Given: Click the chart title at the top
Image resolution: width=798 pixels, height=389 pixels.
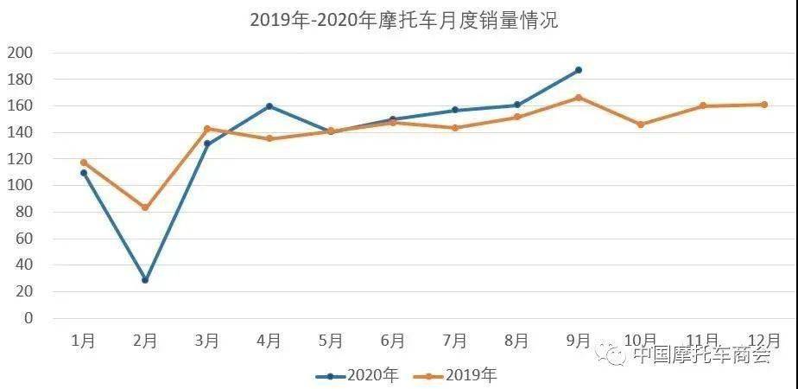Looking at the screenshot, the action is click(404, 21).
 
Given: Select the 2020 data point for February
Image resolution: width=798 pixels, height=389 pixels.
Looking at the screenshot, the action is click(145, 280).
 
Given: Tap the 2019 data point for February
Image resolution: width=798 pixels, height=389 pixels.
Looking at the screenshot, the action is click(145, 207).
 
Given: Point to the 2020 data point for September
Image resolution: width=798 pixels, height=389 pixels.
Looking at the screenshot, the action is click(579, 70).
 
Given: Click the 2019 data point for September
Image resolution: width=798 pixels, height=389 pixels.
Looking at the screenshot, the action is click(579, 97).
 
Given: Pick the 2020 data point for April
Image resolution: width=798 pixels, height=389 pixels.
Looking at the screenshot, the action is click(269, 106).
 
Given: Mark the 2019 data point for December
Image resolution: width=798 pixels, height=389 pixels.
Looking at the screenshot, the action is click(764, 105).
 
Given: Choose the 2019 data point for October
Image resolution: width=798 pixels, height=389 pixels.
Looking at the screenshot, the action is click(641, 124).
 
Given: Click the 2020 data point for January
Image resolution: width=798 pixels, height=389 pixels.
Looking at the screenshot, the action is click(84, 173).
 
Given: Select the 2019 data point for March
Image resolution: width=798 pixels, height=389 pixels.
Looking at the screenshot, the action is click(207, 129).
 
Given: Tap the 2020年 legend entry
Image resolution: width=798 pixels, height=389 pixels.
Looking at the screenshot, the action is click(357, 376).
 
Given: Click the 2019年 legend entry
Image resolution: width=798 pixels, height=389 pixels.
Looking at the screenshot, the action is click(454, 376).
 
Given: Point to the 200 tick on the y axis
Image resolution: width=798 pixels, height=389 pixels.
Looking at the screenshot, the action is click(20, 53).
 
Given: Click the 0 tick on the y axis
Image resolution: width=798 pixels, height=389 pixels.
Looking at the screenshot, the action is click(28, 318).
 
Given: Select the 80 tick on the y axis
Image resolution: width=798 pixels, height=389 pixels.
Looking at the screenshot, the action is click(24, 213).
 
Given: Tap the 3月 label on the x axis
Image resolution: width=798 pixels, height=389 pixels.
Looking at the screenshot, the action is click(206, 341).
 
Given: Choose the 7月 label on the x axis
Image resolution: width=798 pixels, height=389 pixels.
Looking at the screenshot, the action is click(454, 341).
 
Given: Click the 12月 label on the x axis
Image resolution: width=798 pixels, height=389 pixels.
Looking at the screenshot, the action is click(763, 340).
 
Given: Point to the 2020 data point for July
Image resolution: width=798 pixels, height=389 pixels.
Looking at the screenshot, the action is click(455, 110).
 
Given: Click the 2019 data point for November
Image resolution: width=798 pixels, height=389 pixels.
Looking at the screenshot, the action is click(703, 106).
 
